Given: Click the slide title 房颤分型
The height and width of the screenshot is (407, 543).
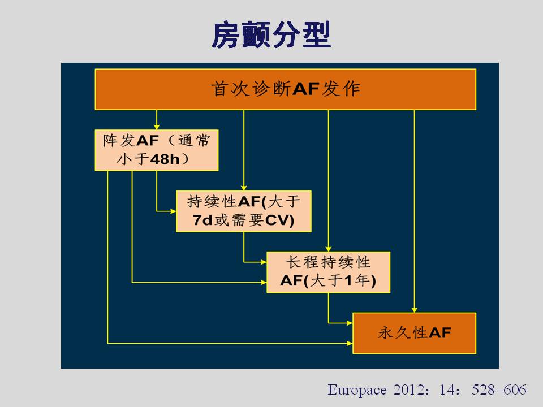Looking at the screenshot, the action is pyautogui.click(x=271, y=34).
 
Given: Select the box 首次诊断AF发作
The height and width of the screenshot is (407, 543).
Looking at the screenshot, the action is pyautogui.click(x=285, y=89).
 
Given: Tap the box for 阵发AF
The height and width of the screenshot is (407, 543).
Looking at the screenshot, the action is pyautogui.click(x=157, y=150).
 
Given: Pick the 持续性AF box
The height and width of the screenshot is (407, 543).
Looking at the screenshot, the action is pyautogui.click(x=244, y=211).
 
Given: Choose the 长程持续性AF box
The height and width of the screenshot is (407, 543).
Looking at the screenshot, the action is pyautogui.click(x=328, y=272).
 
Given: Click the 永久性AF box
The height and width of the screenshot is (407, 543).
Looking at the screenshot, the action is pyautogui.click(x=414, y=334).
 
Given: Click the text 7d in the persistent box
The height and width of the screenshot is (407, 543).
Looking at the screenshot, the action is pyautogui.click(x=202, y=220).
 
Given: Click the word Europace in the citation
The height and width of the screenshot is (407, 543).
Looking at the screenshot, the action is pyautogui.click(x=357, y=389).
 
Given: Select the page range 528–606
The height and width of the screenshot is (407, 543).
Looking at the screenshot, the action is pyautogui.click(x=499, y=389).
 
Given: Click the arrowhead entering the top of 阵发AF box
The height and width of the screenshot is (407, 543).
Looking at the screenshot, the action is pyautogui.click(x=157, y=127).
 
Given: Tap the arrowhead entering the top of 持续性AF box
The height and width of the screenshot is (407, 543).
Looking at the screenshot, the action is pyautogui.click(x=244, y=188).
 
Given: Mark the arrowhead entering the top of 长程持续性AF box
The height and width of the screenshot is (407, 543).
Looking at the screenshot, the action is pyautogui.click(x=328, y=249).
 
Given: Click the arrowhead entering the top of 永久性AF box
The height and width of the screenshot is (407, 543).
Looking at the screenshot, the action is pyautogui.click(x=414, y=310).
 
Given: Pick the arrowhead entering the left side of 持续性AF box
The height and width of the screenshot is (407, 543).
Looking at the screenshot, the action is pyautogui.click(x=173, y=211).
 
